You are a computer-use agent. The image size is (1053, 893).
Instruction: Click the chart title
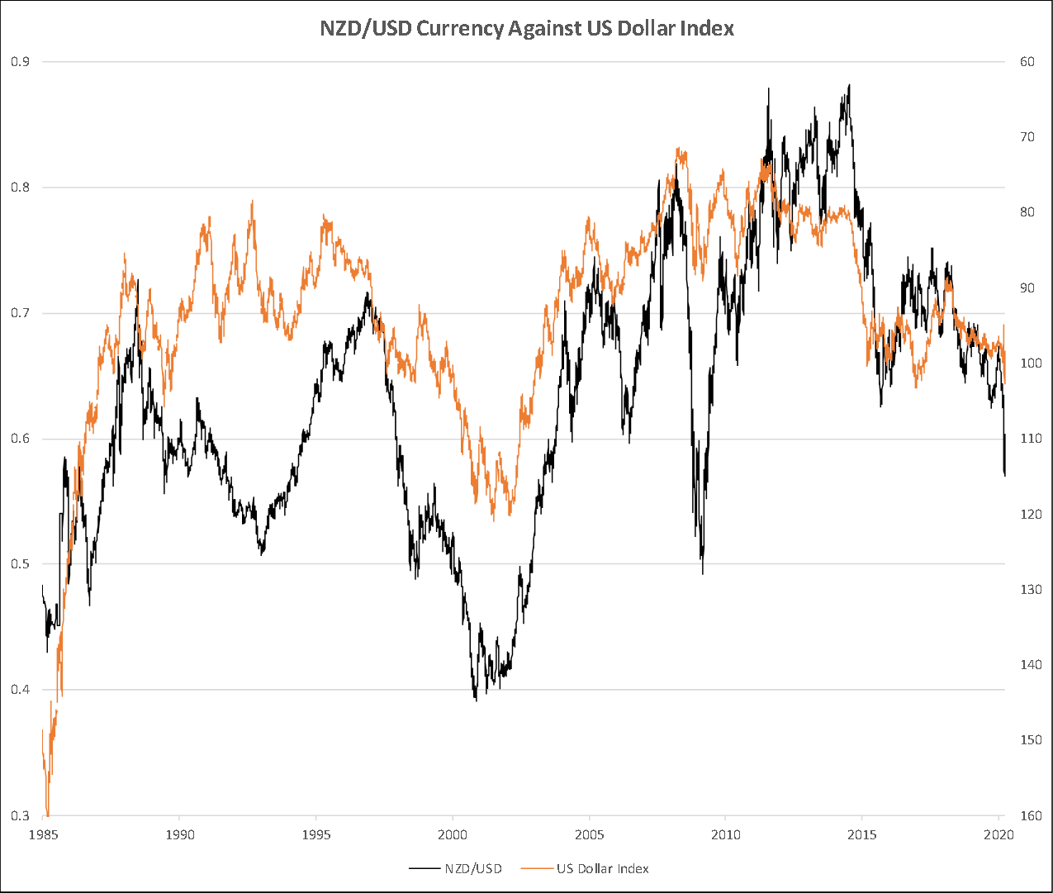527,29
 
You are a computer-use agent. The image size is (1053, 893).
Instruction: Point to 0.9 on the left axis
21,61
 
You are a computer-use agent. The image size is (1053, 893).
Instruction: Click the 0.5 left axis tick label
21,564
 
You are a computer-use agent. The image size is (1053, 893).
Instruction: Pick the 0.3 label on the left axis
21,815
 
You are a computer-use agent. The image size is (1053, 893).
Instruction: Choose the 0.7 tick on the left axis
21,313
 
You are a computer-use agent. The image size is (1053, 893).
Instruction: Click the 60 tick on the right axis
1027,61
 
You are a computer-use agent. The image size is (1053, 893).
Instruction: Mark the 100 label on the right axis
1030,363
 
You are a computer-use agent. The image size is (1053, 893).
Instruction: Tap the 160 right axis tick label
1030,815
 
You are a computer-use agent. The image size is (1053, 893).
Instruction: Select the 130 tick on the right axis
1030,589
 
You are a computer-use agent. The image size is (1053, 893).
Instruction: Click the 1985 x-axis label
43,834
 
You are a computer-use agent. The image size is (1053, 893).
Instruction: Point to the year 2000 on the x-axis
453,834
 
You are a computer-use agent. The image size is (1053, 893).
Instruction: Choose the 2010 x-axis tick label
725,834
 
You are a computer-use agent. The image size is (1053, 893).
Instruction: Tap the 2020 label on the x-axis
998,834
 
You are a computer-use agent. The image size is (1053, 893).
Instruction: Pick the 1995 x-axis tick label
316,834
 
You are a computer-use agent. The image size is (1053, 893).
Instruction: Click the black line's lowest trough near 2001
476,701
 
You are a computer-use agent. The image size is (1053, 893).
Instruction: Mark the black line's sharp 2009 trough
703,573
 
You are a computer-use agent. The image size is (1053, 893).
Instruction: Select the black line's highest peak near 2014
849,84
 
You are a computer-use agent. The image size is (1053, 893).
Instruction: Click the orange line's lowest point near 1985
48,814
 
